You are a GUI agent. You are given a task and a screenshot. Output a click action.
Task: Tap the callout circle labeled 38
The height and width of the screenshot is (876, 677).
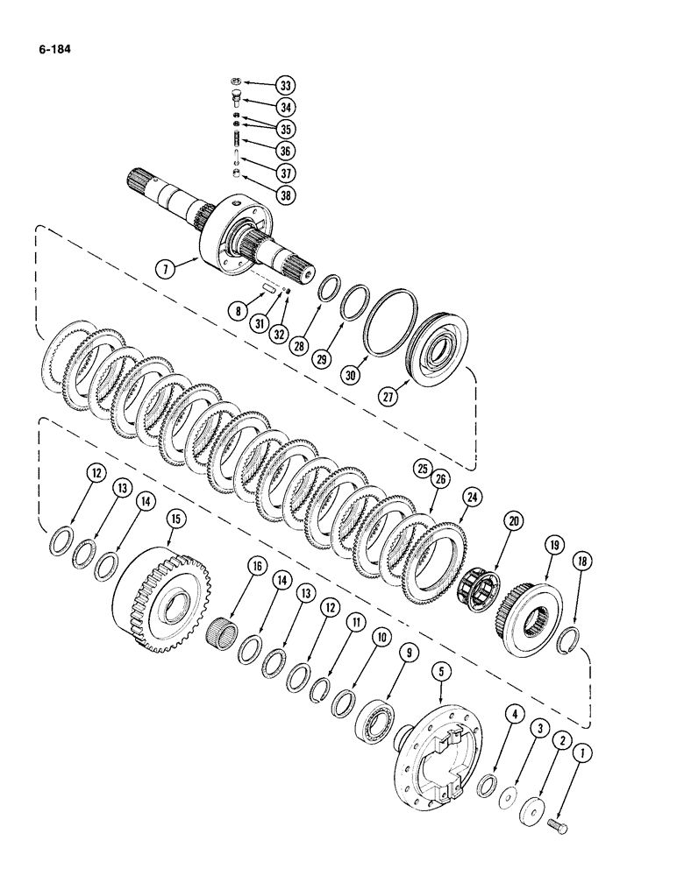click(x=284, y=194)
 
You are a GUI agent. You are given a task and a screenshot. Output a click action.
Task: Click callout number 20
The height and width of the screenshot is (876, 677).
click(x=510, y=522)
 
